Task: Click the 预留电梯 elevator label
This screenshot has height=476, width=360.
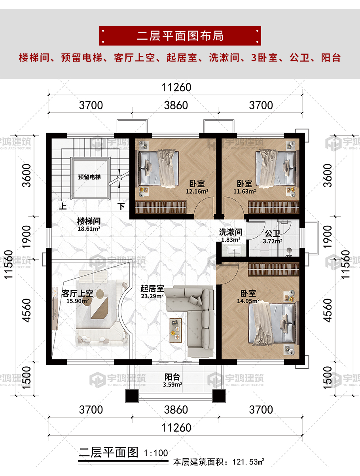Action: tap(89, 177)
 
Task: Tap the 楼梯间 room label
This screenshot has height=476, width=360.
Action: tap(89, 221)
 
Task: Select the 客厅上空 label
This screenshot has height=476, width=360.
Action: tap(78, 293)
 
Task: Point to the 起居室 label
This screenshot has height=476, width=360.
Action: tap(152, 288)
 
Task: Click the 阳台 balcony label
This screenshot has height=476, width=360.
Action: tap(172, 377)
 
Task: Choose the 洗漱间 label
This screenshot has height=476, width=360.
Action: tap(231, 232)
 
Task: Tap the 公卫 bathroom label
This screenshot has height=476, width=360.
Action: tap(273, 233)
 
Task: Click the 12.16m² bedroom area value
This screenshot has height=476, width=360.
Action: tap(197, 192)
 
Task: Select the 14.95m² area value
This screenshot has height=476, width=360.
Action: tap(248, 301)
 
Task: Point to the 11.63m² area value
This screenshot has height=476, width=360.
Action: tap(244, 192)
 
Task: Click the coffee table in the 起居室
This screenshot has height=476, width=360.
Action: tap(176, 331)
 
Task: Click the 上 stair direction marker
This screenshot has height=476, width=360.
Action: tap(63, 206)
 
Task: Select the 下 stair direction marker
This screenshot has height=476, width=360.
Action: tap(121, 206)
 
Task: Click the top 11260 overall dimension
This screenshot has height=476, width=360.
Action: tap(176, 88)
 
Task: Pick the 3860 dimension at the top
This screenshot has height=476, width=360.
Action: tap(176, 105)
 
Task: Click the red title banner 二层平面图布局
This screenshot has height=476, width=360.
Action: tap(180, 36)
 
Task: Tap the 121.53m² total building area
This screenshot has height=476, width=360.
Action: tap(248, 462)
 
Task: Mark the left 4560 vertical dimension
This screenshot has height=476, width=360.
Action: tap(27, 310)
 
